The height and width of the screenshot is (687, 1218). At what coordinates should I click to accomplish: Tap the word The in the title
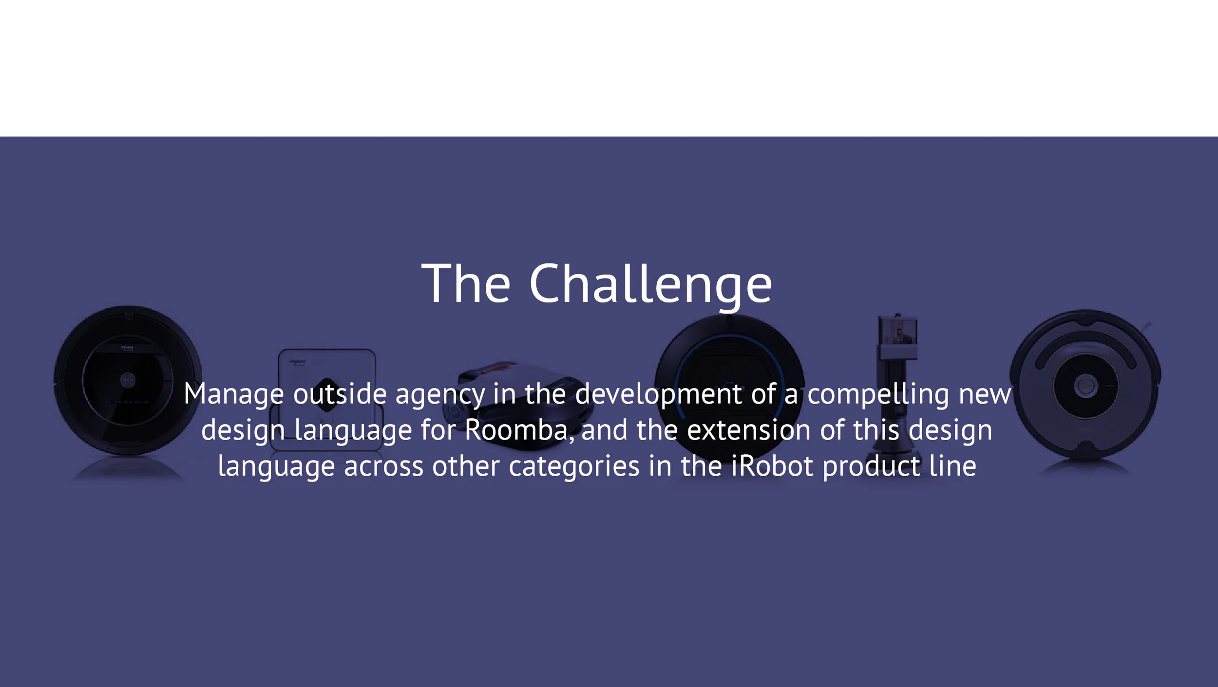[466, 283]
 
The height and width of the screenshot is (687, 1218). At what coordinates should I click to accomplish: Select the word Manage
[233, 394]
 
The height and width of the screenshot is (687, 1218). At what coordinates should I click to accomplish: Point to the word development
[658, 394]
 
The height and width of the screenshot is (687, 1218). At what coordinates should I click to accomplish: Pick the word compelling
[878, 394]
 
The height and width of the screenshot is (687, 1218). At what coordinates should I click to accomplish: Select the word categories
[574, 466]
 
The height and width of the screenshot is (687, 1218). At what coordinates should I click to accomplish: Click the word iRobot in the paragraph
[772, 466]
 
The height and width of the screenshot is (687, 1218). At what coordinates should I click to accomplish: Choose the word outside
[340, 394]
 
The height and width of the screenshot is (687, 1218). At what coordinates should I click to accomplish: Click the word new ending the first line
[985, 394]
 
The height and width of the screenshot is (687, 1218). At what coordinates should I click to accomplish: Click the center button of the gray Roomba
[1085, 387]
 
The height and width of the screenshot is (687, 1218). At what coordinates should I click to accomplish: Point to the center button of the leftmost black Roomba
[128, 379]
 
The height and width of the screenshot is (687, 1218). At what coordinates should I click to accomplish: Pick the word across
[383, 466]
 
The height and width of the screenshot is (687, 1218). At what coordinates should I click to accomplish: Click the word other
[466, 466]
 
